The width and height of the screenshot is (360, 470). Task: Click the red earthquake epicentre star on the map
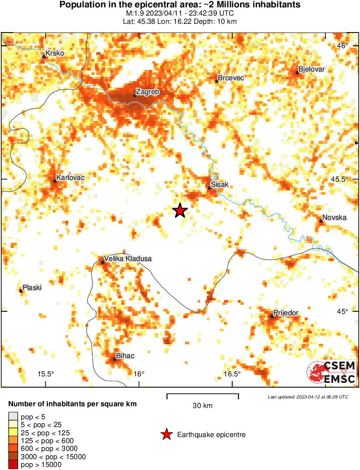point(180,211)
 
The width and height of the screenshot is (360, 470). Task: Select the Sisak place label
point(220,185)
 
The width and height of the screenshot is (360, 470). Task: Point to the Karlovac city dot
point(55,181)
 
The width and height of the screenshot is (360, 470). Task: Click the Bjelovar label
point(311,69)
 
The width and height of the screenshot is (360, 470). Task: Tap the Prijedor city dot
point(272,317)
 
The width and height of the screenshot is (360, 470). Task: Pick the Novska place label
point(334,218)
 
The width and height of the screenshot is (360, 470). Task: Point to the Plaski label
point(32,287)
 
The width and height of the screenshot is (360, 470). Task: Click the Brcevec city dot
point(217,81)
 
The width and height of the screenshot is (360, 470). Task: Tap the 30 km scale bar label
point(202,406)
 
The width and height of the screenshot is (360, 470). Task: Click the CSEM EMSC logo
point(331,372)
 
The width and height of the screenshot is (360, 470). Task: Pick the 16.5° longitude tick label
point(232,374)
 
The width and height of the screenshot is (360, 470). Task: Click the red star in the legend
point(166,434)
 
